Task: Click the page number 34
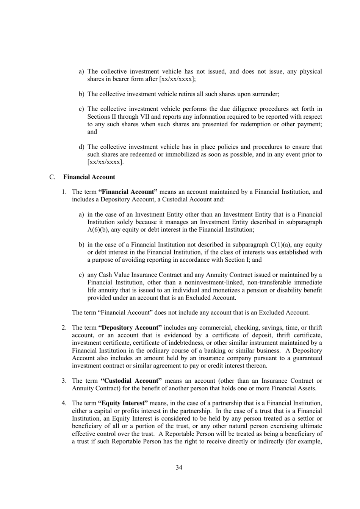coord(179,467)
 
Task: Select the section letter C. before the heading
coord(52,177)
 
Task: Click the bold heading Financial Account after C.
coord(89,177)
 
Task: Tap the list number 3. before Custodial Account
coord(64,381)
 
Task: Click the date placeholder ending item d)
coord(105,162)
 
